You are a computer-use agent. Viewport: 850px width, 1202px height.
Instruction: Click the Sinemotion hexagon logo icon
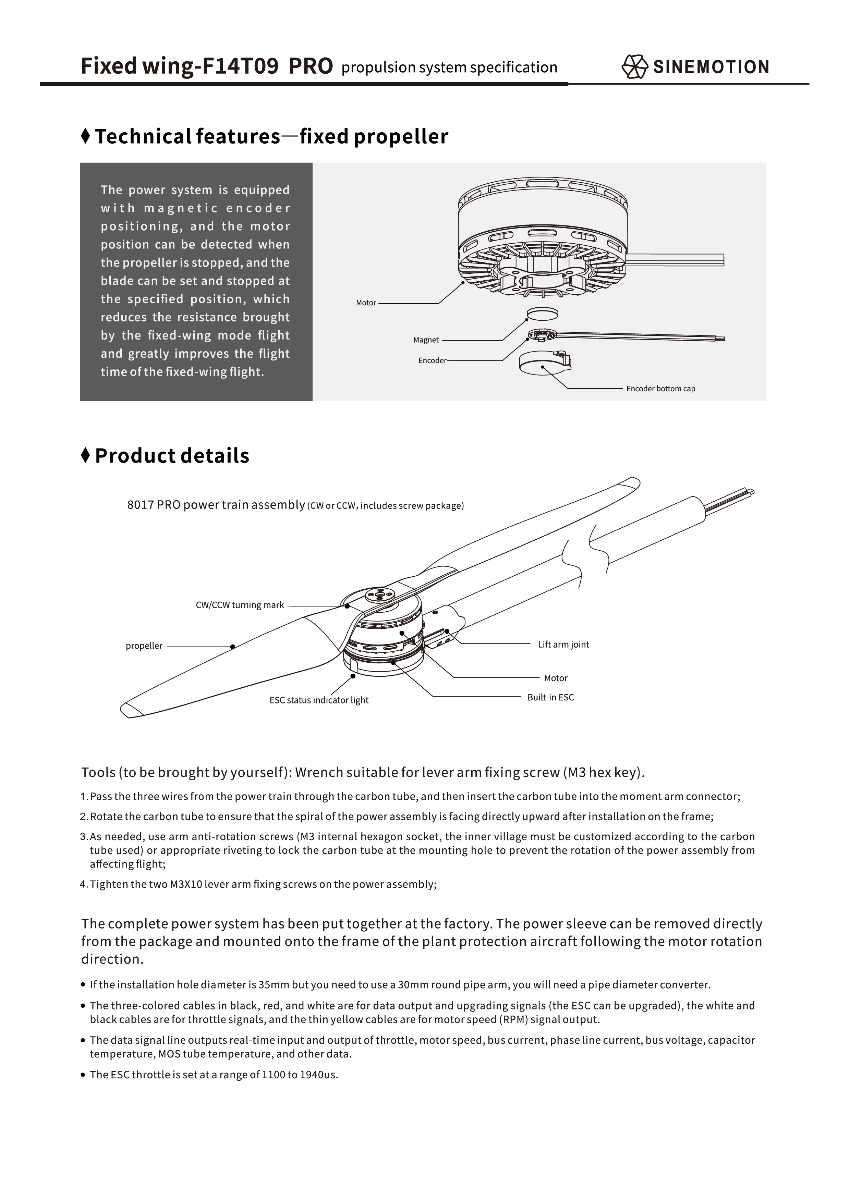tap(634, 67)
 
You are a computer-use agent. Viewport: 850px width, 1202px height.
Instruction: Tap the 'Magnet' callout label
tap(426, 340)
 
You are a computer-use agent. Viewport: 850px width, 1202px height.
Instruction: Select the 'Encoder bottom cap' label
tap(660, 389)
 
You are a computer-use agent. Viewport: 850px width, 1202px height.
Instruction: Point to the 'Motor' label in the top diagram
tap(366, 303)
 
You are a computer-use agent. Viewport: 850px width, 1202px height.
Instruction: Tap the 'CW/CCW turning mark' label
tap(239, 605)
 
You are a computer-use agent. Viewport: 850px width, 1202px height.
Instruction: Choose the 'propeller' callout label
tap(144, 646)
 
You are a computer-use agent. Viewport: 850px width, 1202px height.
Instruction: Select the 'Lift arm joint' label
tap(563, 645)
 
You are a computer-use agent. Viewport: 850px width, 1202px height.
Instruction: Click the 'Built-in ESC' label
tap(550, 698)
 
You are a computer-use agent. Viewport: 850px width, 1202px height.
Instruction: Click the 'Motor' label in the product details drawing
tap(555, 678)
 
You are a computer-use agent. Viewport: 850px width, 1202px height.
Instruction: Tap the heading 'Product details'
tap(172, 456)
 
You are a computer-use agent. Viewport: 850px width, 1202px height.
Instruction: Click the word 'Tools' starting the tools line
tap(98, 773)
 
